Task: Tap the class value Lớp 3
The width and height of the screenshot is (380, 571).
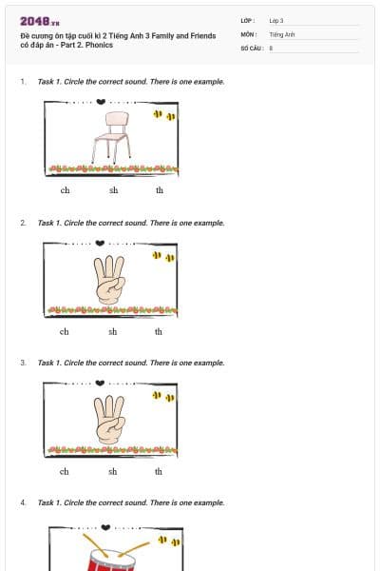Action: point(276,20)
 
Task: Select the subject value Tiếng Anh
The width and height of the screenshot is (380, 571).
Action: point(282,33)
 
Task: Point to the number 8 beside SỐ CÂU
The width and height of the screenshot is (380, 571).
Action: point(271,47)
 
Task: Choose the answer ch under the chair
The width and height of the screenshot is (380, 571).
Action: point(65,190)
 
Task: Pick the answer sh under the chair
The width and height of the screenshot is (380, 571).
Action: point(113,190)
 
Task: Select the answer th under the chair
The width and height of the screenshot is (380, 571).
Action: point(160,190)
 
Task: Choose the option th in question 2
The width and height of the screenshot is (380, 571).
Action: point(159,331)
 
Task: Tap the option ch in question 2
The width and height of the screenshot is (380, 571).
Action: point(64,331)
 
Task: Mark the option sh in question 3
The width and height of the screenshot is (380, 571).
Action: point(112,471)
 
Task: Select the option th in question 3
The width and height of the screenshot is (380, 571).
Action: point(159,471)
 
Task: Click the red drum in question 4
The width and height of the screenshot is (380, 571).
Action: point(110,558)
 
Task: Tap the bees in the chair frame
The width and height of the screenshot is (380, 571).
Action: point(163,115)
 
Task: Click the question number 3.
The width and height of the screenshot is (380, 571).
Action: point(23,363)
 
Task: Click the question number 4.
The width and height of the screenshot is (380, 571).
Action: point(23,502)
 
